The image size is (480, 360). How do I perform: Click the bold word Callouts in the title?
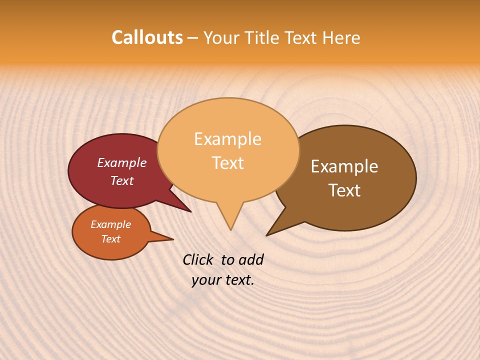pyautogui.click(x=147, y=37)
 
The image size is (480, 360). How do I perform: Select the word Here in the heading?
pyautogui.click(x=341, y=37)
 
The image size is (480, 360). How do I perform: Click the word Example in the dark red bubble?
pyautogui.click(x=121, y=162)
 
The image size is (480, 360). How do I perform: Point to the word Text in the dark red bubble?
pyautogui.click(x=121, y=180)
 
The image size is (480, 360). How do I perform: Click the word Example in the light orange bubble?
pyautogui.click(x=227, y=139)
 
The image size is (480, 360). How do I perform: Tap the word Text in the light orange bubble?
pyautogui.click(x=227, y=163)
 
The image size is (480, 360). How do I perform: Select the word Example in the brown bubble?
pyautogui.click(x=344, y=166)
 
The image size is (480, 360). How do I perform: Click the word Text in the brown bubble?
pyautogui.click(x=344, y=190)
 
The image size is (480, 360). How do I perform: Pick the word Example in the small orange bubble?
pyautogui.click(x=110, y=224)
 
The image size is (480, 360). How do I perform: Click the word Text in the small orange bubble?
pyautogui.click(x=110, y=239)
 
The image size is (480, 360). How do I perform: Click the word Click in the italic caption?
pyautogui.click(x=198, y=259)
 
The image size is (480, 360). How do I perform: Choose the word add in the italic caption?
pyautogui.click(x=251, y=259)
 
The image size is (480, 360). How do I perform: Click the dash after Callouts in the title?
pyautogui.click(x=193, y=38)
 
